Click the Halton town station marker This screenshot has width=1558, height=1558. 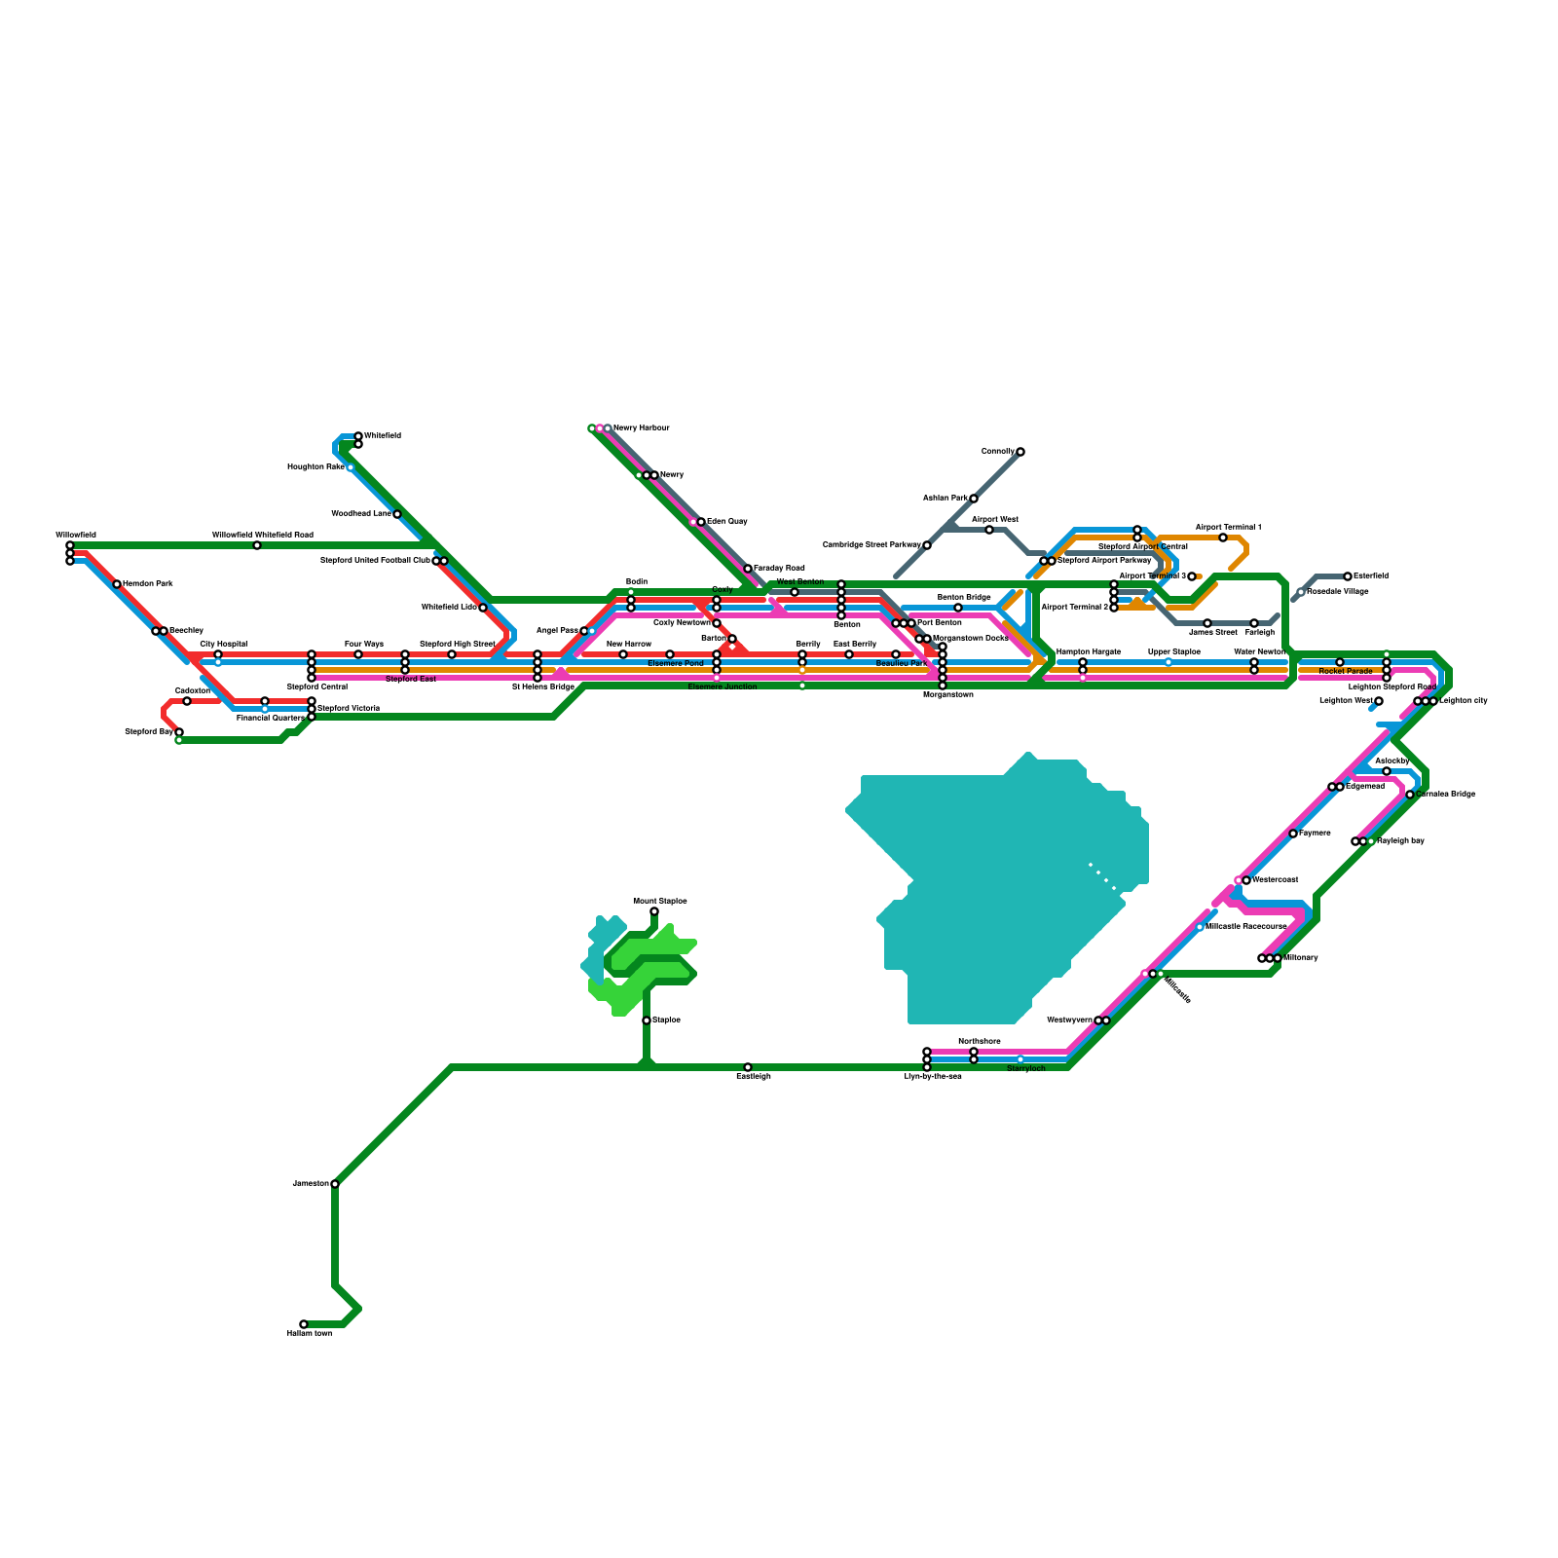tap(304, 1324)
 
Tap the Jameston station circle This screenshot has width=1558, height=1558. tap(335, 1184)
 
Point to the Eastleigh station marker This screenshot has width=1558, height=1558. tap(748, 1067)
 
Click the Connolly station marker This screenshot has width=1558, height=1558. tap(1020, 452)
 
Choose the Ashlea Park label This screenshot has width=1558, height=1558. tap(945, 499)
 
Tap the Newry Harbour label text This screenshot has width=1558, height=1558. tap(641, 428)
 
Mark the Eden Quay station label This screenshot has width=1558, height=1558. tap(726, 522)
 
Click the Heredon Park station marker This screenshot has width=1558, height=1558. tap(117, 584)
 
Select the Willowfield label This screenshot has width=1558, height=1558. tap(75, 536)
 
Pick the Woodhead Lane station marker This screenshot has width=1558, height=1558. tap(397, 514)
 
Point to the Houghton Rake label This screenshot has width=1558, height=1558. tap(315, 467)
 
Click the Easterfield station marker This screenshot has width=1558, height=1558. tap(1348, 576)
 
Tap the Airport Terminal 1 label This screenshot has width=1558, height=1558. tap(1228, 528)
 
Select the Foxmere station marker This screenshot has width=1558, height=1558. tap(1293, 834)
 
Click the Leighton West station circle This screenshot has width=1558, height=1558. tap(1379, 701)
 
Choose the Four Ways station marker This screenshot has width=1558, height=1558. tap(358, 654)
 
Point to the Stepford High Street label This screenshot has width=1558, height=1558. tap(457, 645)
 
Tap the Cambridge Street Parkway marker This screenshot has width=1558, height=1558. tap(927, 545)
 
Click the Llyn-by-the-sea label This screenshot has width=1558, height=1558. tap(932, 1077)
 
